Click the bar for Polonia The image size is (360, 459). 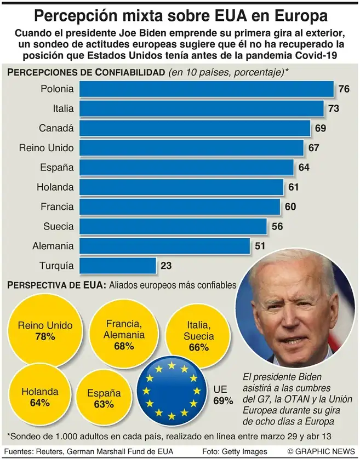point(207,89)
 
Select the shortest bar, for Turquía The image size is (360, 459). point(118,266)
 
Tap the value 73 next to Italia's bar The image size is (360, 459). point(334,108)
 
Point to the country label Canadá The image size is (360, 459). point(56,128)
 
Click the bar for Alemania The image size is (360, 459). point(165,246)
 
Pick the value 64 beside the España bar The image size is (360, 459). point(304,168)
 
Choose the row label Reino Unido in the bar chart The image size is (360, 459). point(46,148)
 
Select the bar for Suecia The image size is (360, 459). point(173,226)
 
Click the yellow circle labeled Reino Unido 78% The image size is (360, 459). point(44,331)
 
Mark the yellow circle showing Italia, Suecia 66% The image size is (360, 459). point(199,336)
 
